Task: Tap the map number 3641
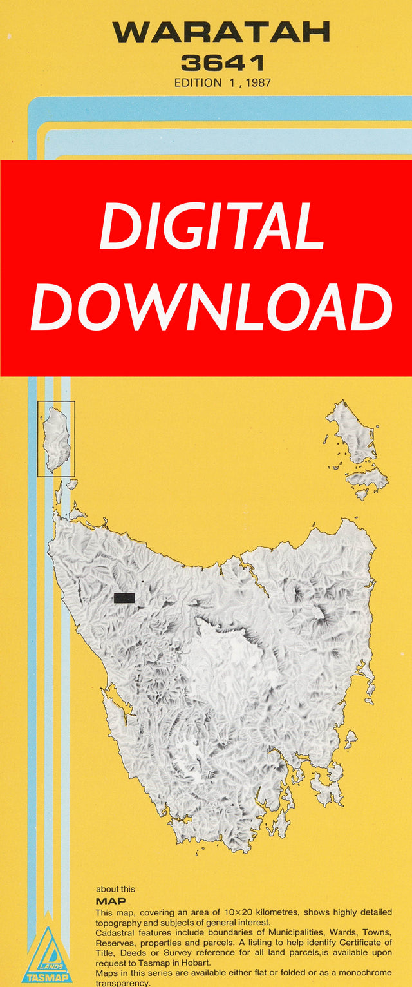click(x=223, y=63)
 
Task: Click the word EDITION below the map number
click(x=198, y=82)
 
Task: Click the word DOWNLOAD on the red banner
click(x=211, y=307)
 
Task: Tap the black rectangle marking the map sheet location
click(x=124, y=598)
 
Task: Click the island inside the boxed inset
click(x=57, y=438)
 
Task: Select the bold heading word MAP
click(x=111, y=901)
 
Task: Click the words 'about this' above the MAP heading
click(x=116, y=889)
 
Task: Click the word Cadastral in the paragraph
click(x=115, y=933)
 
